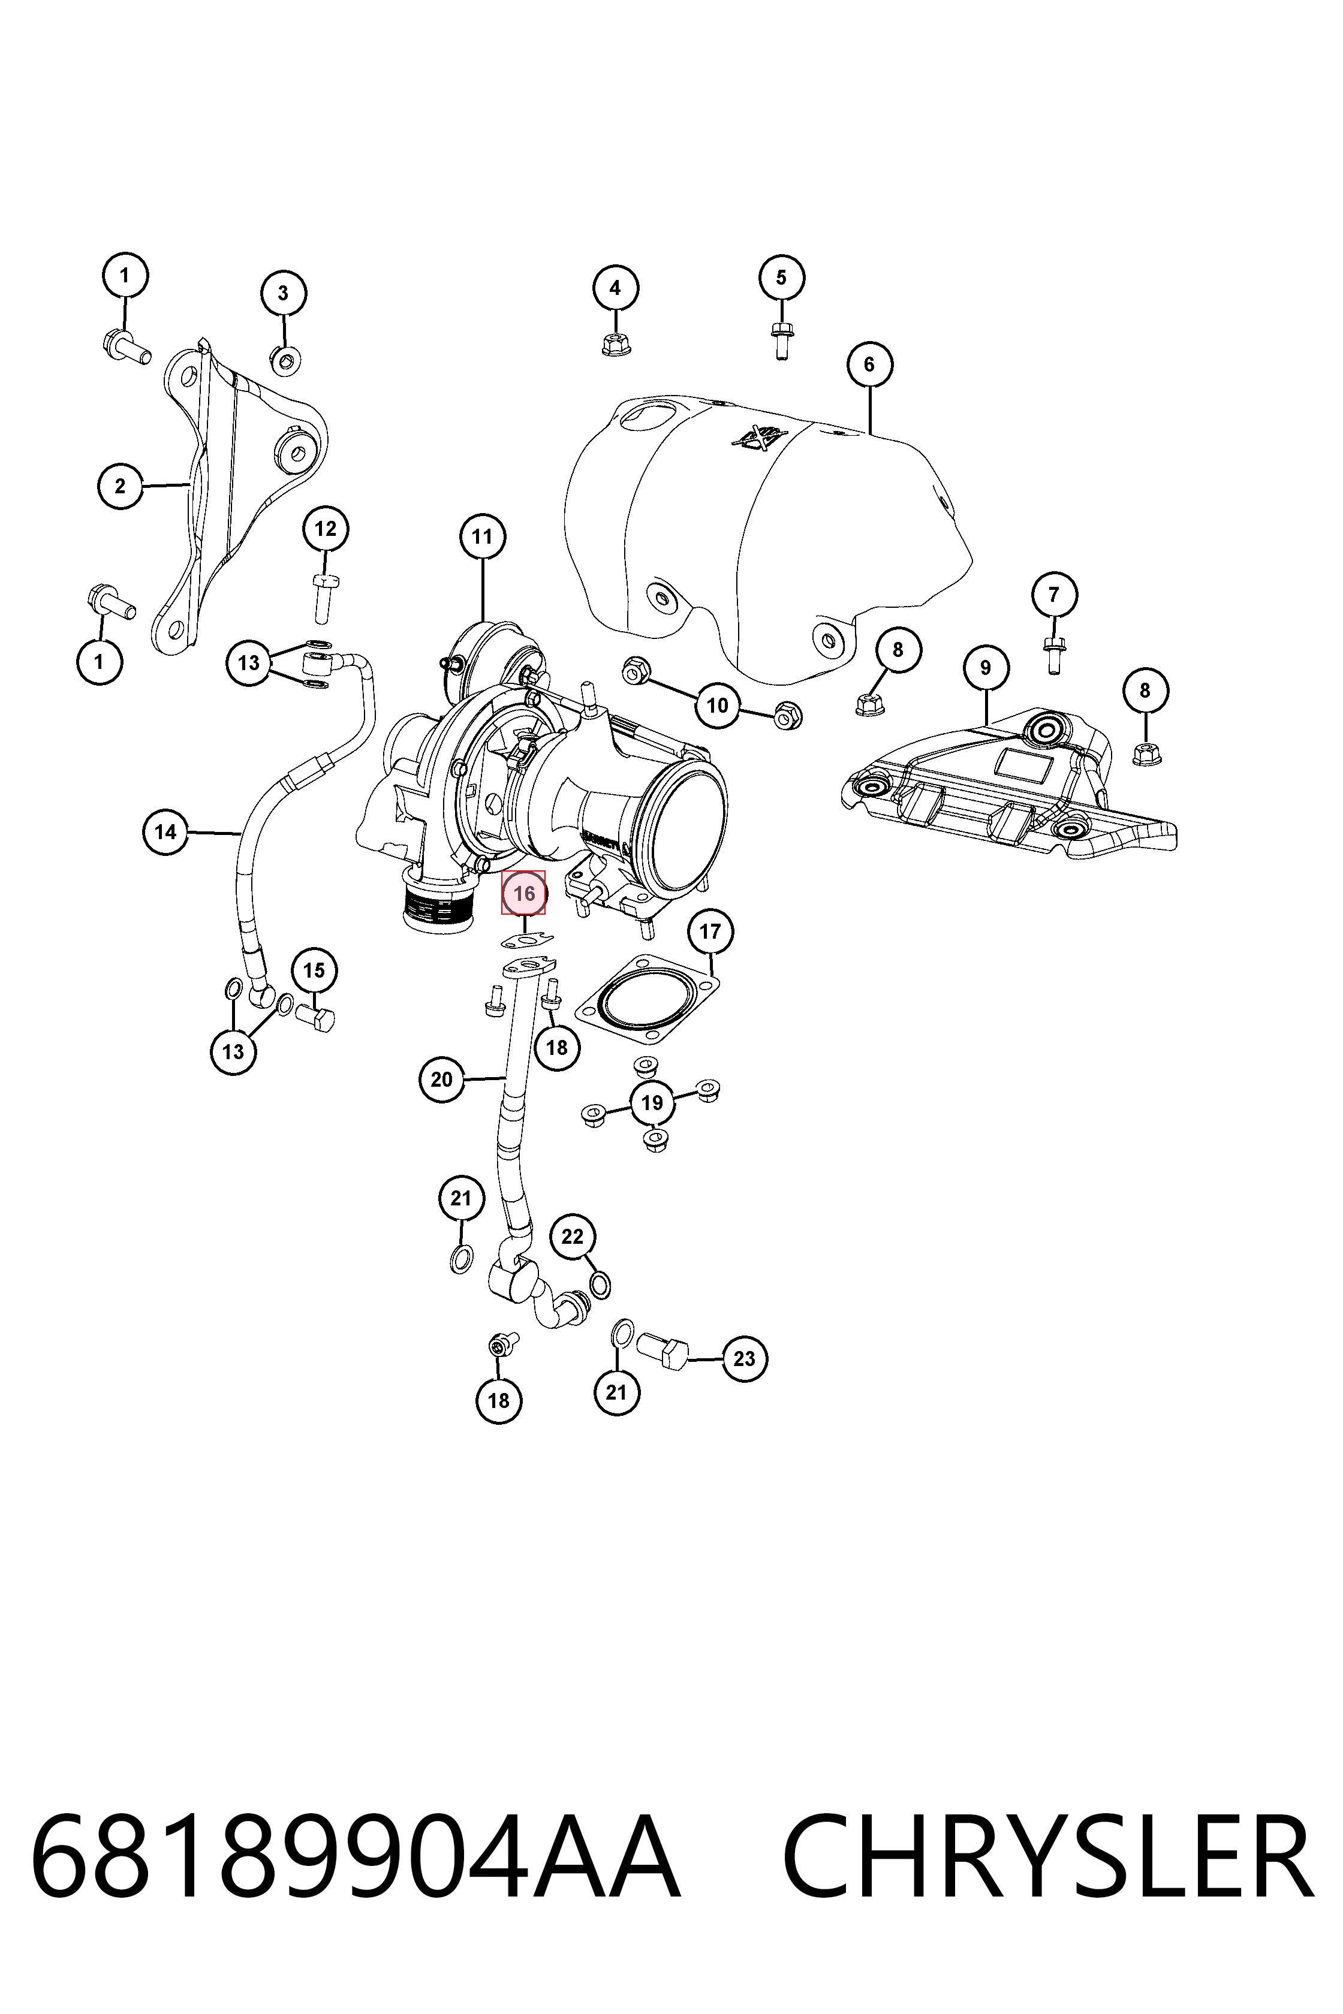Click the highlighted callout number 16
pos(523,893)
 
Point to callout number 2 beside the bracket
pos(120,486)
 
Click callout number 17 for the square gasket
pos(710,931)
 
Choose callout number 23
pos(744,1358)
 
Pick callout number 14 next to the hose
pos(165,831)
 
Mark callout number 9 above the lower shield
pos(985,667)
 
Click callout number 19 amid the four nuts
pos(652,1103)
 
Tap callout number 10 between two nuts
pos(717,705)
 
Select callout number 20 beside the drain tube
pos(442,1079)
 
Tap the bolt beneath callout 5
pos(780,340)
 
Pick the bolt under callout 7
pos(1053,655)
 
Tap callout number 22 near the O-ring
pos(572,1237)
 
